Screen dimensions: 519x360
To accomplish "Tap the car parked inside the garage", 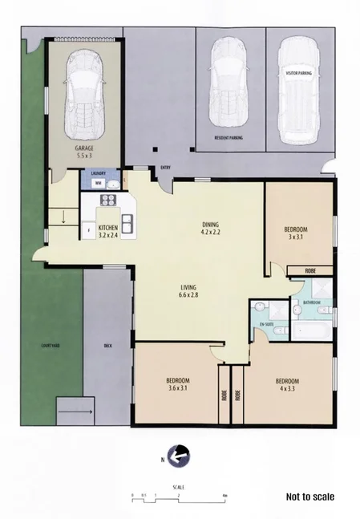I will coord(85,92).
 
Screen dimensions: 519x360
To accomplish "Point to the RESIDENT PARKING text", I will coord(229,138).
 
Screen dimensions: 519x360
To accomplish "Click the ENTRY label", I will coord(166,167).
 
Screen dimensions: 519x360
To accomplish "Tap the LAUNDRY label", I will coord(99,173).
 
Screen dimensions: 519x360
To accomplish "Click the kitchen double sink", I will coord(127,222).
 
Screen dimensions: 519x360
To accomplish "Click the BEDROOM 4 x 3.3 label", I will coord(287,383).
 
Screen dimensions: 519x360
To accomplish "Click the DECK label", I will coord(108,347).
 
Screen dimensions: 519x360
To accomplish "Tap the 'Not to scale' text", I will coord(309,497).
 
